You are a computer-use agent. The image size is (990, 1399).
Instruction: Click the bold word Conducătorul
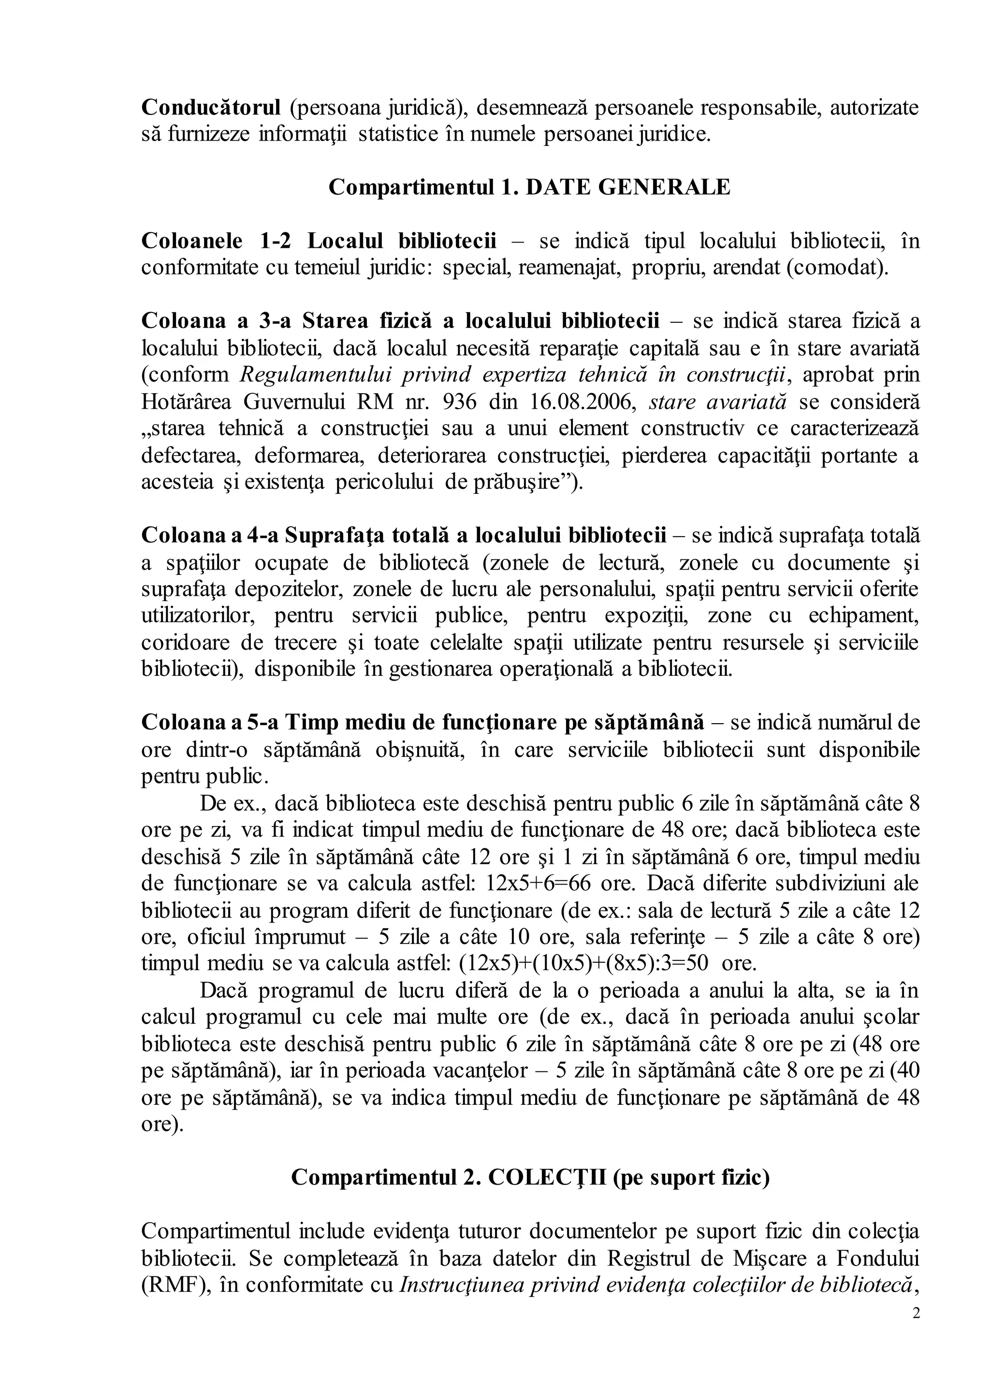[x=211, y=107]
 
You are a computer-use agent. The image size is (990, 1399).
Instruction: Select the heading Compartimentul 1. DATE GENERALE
[x=529, y=187]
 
